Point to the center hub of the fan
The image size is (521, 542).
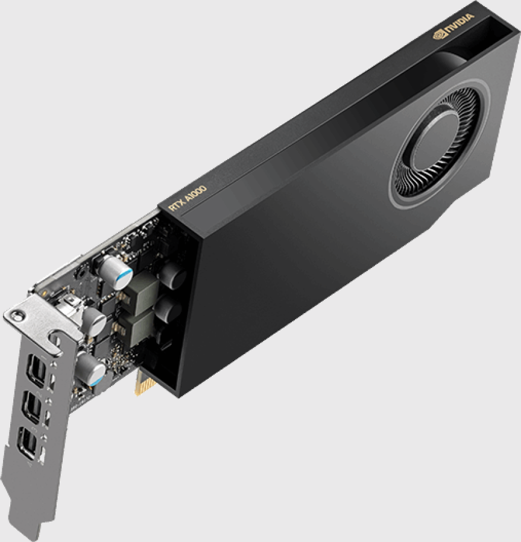[433, 141]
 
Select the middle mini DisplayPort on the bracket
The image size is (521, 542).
[31, 407]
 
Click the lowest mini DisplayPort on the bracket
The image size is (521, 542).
[27, 444]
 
